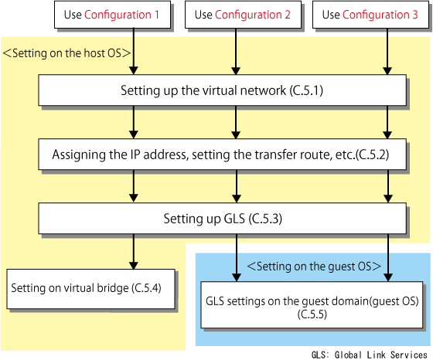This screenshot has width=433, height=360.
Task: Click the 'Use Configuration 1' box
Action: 112,15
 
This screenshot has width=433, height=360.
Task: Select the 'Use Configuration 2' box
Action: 243,15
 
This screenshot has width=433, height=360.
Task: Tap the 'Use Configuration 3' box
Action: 370,15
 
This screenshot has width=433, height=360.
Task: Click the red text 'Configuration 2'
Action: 253,15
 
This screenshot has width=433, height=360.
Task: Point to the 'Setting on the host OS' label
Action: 66,53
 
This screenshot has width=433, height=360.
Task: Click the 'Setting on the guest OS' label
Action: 314,267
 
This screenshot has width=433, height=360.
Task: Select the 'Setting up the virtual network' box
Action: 223,90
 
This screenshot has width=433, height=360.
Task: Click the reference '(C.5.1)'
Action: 306,90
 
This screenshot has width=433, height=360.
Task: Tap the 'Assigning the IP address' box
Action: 223,155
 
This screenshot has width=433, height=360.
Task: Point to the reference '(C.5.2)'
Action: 372,155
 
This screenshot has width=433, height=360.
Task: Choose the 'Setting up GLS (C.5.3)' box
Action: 223,219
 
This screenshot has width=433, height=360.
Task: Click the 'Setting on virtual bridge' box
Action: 91,289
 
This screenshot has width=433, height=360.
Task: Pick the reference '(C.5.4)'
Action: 146,288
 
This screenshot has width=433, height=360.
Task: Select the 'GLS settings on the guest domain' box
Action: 312,305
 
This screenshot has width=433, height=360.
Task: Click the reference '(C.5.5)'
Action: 312,314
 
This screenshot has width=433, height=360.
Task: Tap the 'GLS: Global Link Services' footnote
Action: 370,355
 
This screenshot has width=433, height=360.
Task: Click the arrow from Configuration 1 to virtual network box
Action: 134,51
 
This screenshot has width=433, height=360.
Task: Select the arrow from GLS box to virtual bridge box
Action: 134,252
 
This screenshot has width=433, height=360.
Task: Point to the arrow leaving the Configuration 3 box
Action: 387,51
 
